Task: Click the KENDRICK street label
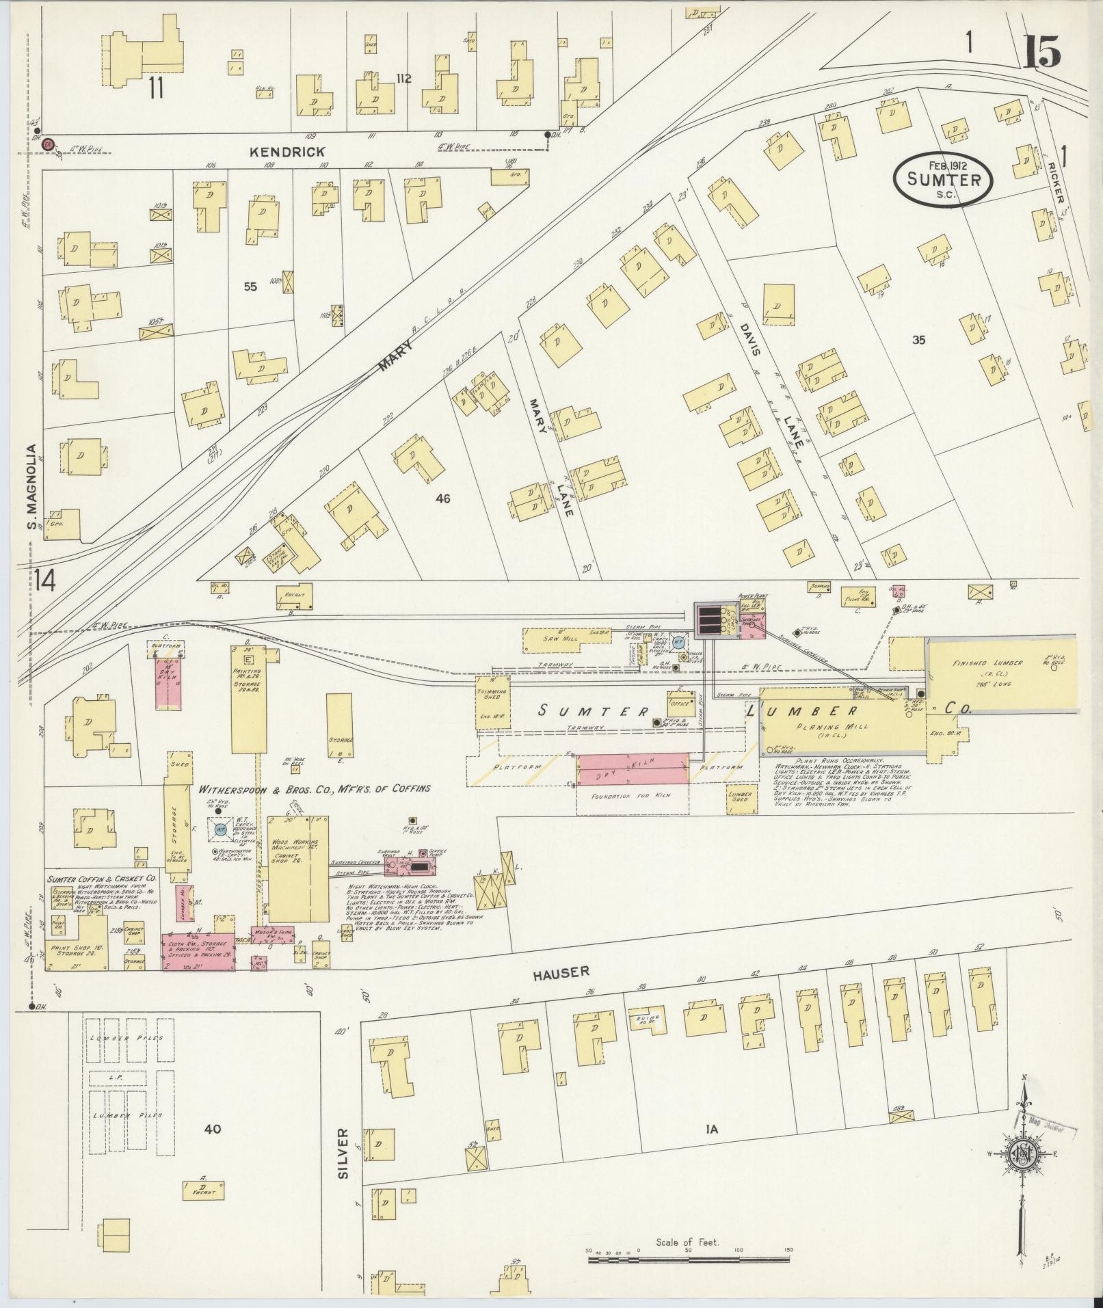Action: pos(296,152)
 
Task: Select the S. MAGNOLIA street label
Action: pos(31,486)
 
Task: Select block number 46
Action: pos(442,498)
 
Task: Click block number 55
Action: pos(250,287)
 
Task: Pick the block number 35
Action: pos(918,339)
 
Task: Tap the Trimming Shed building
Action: pos(493,701)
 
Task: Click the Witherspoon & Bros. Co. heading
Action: pos(315,788)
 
